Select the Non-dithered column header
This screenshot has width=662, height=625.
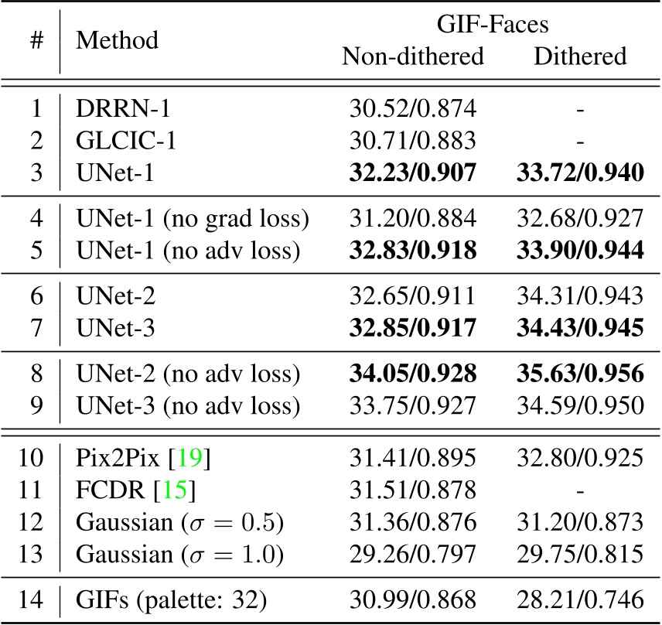pyautogui.click(x=413, y=56)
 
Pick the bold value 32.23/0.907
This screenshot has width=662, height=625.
pyautogui.click(x=414, y=172)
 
